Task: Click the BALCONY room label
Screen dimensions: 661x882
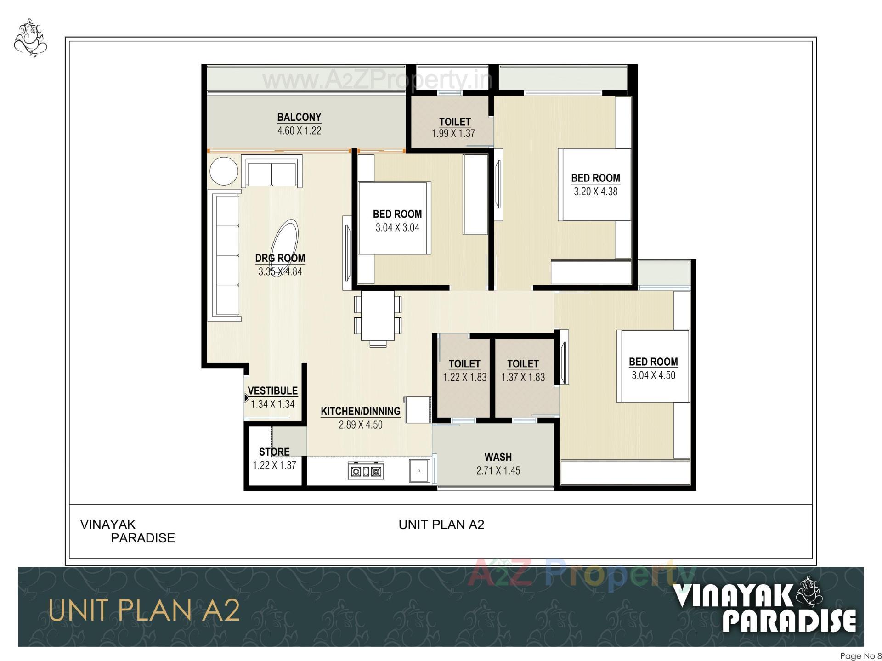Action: pos(299,117)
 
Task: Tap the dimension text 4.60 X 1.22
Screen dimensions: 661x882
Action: pos(299,131)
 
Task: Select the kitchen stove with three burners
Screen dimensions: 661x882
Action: pos(366,471)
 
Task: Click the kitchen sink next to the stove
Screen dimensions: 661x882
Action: pos(419,471)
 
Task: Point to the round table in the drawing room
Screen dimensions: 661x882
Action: pos(224,171)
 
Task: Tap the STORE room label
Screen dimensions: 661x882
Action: pos(274,452)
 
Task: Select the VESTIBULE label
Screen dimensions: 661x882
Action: pos(272,391)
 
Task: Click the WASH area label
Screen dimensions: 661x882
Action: pos(498,457)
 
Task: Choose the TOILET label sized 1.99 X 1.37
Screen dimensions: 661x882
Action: pos(455,122)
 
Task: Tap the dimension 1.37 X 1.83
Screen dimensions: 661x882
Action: pos(523,378)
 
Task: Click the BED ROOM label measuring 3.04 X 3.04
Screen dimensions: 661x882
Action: pos(397,214)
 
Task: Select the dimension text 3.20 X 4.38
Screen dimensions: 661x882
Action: pos(595,192)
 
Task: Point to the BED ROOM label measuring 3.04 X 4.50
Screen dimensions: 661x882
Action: pos(653,362)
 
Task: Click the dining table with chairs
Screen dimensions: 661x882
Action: pos(378,316)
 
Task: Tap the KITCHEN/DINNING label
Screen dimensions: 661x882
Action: pos(361,412)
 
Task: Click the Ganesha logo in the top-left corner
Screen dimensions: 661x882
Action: pos(31,38)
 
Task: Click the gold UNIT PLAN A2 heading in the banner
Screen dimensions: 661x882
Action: pos(144,611)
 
